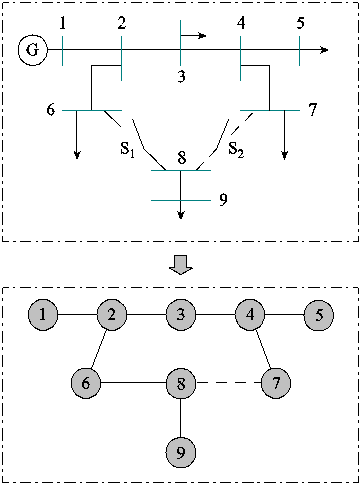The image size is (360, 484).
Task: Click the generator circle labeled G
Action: coord(32,51)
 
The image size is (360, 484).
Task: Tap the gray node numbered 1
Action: coord(43,315)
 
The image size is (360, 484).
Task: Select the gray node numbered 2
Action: coord(112,315)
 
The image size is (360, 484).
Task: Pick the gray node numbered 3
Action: coord(181,315)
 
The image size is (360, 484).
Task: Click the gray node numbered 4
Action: coord(250,315)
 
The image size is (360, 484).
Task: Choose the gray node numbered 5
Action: coord(319,315)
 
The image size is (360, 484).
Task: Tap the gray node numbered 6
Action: coord(86,384)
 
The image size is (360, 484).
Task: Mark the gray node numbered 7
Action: coord(275,384)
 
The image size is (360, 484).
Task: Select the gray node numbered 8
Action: coord(181,384)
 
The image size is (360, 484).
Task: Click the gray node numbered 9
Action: coord(181,453)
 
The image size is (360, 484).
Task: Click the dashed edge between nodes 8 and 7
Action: coord(228,384)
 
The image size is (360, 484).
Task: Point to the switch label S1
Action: coord(127,150)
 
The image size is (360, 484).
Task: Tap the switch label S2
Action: coord(236,149)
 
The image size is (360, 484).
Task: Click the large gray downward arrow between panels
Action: coord(181,264)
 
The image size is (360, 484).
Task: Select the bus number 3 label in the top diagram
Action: coord(181,77)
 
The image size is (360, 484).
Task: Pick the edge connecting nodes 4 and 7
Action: coord(262,350)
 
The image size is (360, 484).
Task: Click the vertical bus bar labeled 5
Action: coord(299,50)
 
